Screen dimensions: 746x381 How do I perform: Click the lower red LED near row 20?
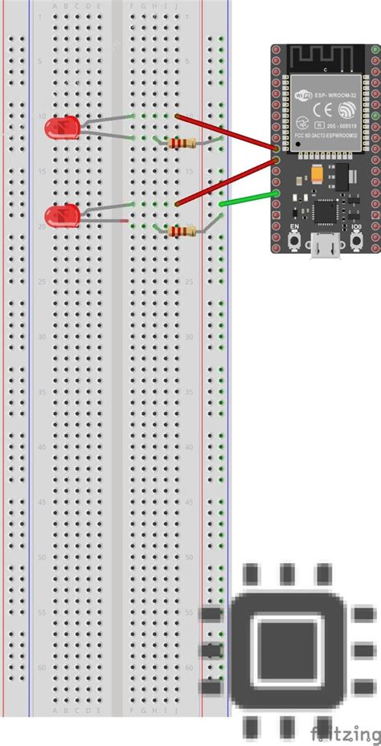(x=62, y=214)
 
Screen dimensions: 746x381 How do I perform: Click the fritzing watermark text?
(x=346, y=732)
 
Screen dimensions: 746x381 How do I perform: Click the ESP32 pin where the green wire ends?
(x=276, y=193)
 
